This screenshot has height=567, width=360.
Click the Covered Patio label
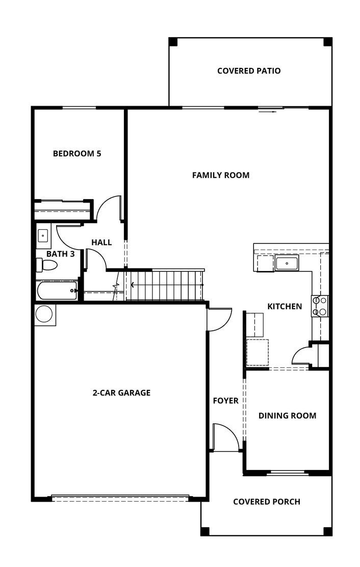coord(249,71)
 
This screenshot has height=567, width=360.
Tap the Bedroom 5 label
coord(77,153)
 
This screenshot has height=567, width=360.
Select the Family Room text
coord(221,175)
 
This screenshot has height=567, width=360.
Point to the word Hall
coord(101,242)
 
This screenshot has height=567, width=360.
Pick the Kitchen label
coord(285,307)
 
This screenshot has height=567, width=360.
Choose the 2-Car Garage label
coord(121,393)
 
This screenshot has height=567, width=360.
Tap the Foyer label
coord(225,401)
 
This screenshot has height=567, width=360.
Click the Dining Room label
coord(287,416)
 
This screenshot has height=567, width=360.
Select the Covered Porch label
coord(267,502)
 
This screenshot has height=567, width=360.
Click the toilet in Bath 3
coord(47,265)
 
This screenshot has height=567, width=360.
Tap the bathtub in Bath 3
coord(57,291)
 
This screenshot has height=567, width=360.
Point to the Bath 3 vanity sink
coord(43,236)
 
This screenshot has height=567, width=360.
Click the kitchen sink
coord(287,263)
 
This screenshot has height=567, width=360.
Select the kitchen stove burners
coord(320,306)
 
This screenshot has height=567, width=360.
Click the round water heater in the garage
coord(44,314)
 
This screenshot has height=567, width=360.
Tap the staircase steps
coord(166,285)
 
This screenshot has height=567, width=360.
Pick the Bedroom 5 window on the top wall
coord(79,108)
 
